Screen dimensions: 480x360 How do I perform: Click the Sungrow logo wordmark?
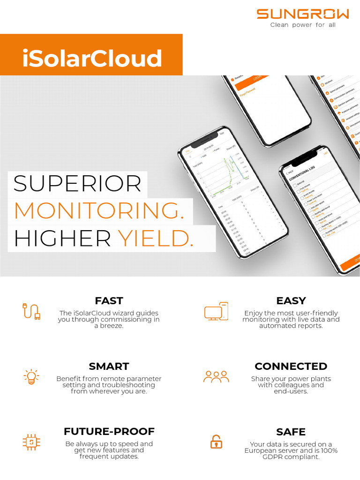click(302, 14)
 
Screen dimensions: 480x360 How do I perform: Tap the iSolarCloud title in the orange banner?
click(92, 59)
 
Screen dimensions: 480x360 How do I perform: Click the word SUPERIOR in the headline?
click(77, 184)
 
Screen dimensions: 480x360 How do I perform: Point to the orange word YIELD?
click(155, 239)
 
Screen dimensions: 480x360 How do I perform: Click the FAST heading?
click(109, 300)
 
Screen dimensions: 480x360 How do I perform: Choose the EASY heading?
click(291, 300)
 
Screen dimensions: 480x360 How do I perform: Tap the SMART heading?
click(109, 366)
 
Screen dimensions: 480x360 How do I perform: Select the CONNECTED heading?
click(291, 366)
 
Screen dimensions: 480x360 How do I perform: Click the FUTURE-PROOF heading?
click(109, 431)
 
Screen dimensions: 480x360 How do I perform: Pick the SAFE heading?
click(291, 432)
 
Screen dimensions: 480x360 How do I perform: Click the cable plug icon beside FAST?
click(31, 311)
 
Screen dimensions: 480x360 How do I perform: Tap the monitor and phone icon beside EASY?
click(216, 311)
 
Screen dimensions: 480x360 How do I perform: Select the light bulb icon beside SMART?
click(31, 376)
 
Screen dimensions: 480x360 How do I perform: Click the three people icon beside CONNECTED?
click(216, 376)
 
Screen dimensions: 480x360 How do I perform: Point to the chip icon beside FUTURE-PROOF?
click(31, 442)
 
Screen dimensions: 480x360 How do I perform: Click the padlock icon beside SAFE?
click(216, 442)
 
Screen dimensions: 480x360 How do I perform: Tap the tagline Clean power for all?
click(303, 25)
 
